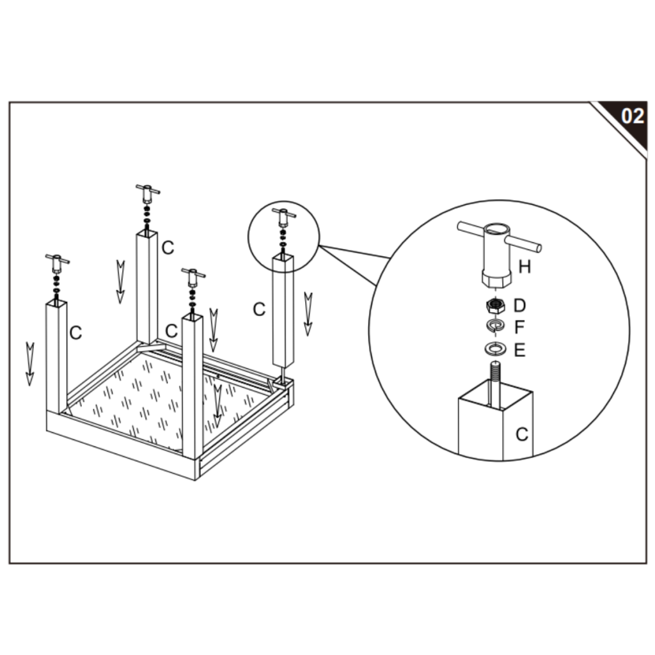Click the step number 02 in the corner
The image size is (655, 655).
(x=633, y=116)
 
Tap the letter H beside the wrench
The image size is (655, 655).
(x=525, y=267)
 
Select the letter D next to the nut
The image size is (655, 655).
(x=519, y=306)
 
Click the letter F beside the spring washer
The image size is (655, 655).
(x=519, y=327)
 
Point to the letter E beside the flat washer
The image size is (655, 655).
(x=519, y=350)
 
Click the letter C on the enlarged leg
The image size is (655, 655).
(x=521, y=434)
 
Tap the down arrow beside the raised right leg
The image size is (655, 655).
(x=308, y=313)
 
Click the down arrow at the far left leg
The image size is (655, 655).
(x=29, y=363)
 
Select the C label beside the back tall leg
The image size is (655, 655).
(x=168, y=248)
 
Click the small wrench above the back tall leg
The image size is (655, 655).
(x=148, y=191)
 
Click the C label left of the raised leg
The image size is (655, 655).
(x=258, y=310)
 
